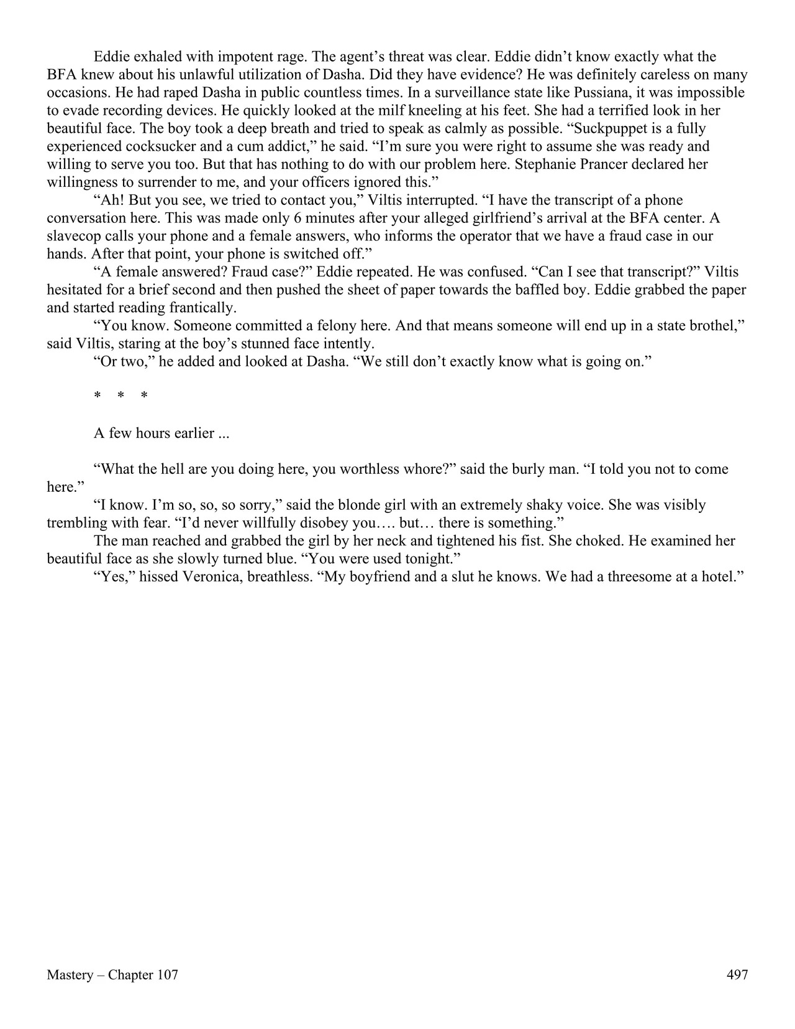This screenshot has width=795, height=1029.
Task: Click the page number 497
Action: coord(737,975)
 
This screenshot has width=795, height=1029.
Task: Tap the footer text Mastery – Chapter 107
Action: coord(112,975)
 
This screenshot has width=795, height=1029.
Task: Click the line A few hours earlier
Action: coord(161,433)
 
